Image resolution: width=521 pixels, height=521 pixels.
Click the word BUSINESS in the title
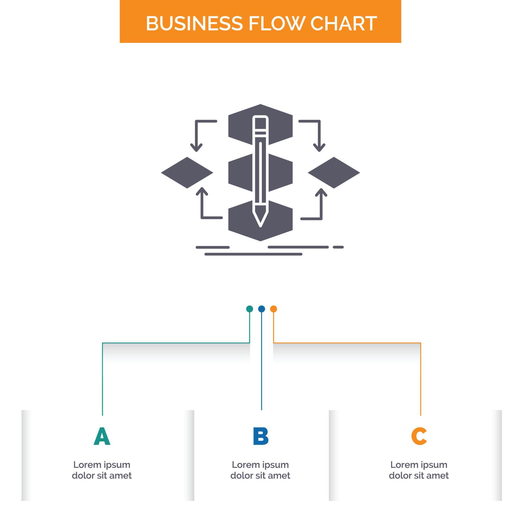pyautogui.click(x=194, y=23)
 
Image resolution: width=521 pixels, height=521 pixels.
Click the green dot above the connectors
pyautogui.click(x=249, y=309)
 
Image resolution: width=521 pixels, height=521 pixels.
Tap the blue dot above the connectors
pyautogui.click(x=261, y=309)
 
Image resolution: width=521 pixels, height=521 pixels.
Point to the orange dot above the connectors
pyautogui.click(x=274, y=309)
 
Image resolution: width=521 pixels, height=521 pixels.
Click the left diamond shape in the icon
pyautogui.click(x=187, y=173)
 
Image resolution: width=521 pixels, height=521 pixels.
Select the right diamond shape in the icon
pyautogui.click(x=334, y=173)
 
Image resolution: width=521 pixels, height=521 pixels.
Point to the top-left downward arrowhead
pyautogui.click(x=196, y=148)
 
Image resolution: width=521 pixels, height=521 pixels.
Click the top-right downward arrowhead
pyautogui.click(x=319, y=148)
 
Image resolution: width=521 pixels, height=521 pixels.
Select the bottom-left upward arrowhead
pyautogui.click(x=202, y=191)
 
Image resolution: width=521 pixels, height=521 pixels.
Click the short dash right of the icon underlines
pyautogui.click(x=338, y=247)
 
